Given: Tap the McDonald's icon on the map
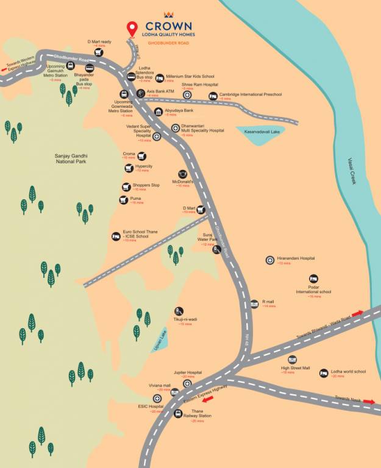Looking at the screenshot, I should tap(182, 174).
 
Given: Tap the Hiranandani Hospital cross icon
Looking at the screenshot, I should tap(270, 260).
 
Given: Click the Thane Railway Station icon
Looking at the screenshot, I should tap(178, 414).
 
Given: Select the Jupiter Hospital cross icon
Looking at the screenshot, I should tap(187, 383).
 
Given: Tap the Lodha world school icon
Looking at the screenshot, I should tap(324, 372).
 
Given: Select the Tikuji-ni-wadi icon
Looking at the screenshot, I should tap(178, 311).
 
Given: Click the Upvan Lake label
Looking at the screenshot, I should tap(162, 336).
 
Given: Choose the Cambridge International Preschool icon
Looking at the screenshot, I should tap(213, 96).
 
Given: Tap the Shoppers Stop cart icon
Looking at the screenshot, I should tap(126, 187).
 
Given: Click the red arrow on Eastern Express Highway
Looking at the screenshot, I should tap(208, 400).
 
